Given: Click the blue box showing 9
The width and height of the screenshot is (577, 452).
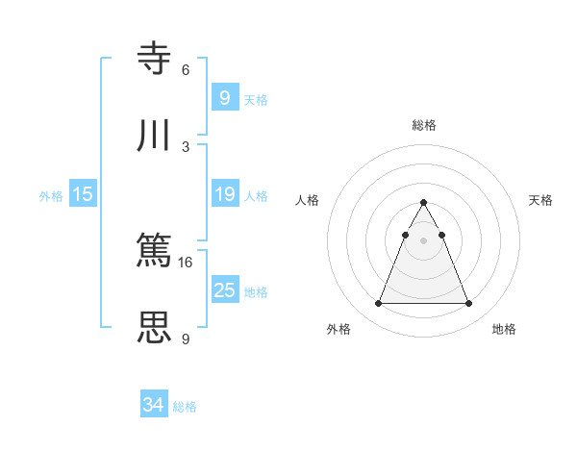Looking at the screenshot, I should pyautogui.click(x=224, y=97).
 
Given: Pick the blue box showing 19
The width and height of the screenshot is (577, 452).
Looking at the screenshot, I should pyautogui.click(x=224, y=194).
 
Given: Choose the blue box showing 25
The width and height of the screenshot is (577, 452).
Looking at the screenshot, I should pyautogui.click(x=224, y=290).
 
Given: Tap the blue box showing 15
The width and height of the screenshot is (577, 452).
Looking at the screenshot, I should pyautogui.click(x=83, y=194).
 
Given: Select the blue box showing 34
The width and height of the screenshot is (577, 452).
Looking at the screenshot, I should pyautogui.click(x=154, y=405).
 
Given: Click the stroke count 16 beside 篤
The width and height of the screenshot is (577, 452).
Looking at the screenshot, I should pyautogui.click(x=187, y=262).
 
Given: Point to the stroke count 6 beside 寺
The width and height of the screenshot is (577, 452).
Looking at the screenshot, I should pyautogui.click(x=186, y=70).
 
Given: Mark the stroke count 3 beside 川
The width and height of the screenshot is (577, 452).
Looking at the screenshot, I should pyautogui.click(x=186, y=146).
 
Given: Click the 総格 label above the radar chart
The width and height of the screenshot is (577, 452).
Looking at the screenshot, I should pyautogui.click(x=423, y=125).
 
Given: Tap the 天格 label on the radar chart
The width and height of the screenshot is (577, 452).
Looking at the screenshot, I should pyautogui.click(x=541, y=200).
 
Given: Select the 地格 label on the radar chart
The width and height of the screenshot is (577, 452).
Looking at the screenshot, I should pyautogui.click(x=504, y=329).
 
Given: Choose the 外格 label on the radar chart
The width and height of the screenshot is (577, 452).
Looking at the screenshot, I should pyautogui.click(x=339, y=329).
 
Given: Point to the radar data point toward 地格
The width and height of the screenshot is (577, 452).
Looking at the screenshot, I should pyautogui.click(x=468, y=304).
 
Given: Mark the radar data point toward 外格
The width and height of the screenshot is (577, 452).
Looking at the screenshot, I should pyautogui.click(x=378, y=304).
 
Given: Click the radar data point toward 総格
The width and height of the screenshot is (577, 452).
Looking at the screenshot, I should pyautogui.click(x=423, y=202).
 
